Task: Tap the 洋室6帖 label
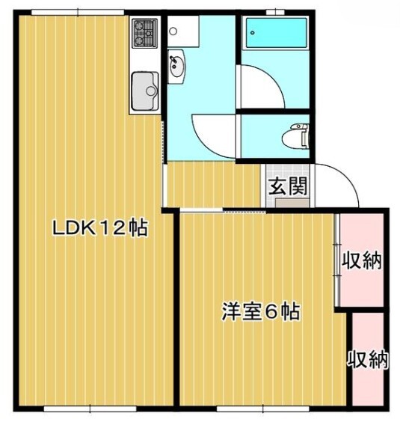click(260, 312)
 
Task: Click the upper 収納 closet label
click(363, 260)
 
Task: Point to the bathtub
click(274, 34)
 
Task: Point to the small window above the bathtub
click(275, 11)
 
